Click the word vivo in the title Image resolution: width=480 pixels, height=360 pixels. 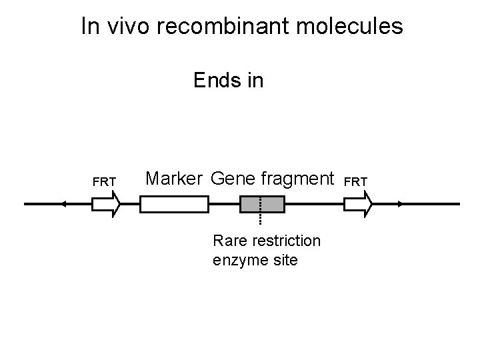point(123,27)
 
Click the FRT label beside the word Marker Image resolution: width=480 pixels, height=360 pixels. point(105,181)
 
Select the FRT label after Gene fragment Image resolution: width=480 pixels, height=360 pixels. point(357,181)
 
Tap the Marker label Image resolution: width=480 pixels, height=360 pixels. point(173,179)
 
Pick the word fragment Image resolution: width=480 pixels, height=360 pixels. point(297,179)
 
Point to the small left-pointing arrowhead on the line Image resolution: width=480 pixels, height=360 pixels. point(62,204)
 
